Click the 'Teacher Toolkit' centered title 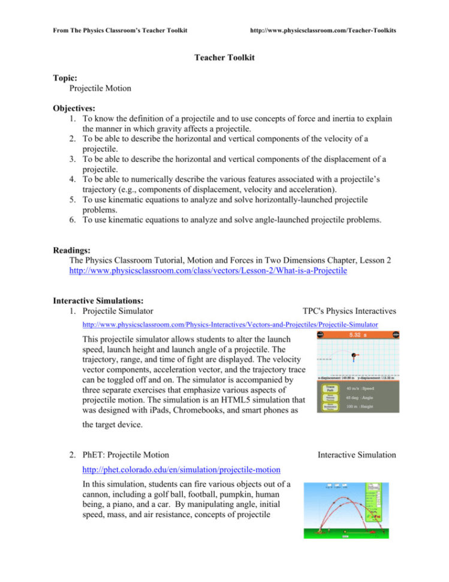[x=224, y=58]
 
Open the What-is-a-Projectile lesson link [x=208, y=271]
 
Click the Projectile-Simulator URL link [x=230, y=325]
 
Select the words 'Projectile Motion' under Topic [x=100, y=88]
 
